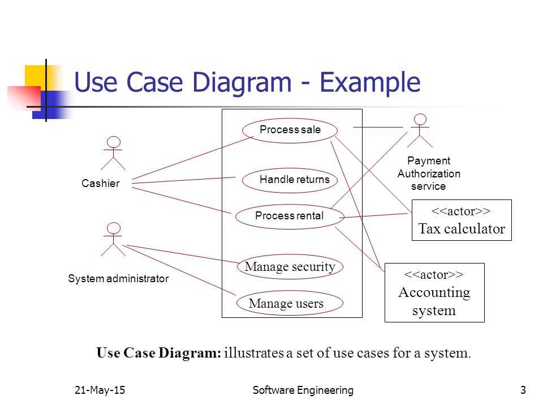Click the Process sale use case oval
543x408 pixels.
(290, 130)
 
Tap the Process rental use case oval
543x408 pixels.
(289, 216)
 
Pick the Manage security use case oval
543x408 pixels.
(290, 267)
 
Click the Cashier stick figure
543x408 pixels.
(114, 153)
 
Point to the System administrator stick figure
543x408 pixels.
(114, 239)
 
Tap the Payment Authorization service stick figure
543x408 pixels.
(420, 130)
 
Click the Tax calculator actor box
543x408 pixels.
(461, 220)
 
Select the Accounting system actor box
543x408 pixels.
(434, 292)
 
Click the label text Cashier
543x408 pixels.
(101, 184)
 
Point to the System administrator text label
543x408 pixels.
(118, 279)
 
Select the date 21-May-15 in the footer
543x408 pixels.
(99, 390)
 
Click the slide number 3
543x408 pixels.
(523, 390)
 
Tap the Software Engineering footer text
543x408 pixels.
(303, 390)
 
